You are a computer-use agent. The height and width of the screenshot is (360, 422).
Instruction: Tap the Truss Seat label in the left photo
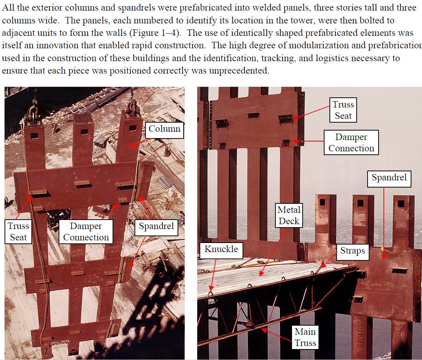[18, 231]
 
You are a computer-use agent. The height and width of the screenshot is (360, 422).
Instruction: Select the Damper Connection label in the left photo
[86, 231]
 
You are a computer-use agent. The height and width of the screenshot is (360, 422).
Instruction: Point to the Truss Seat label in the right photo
[343, 110]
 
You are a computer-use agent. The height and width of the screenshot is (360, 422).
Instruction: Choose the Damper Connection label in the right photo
[351, 143]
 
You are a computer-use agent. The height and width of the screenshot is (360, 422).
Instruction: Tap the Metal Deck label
[289, 215]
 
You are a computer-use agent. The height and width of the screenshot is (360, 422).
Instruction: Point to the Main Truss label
[305, 337]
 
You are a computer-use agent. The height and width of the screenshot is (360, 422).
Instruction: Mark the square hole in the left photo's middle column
[84, 132]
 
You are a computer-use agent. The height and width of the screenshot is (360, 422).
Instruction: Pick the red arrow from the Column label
[140, 143]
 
